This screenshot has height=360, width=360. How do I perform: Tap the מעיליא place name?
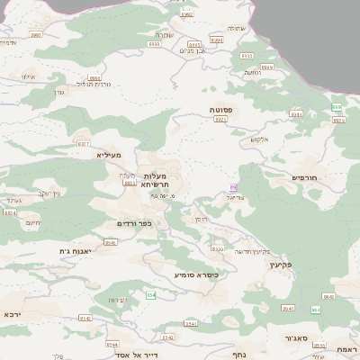pyautogui.click(x=108, y=155)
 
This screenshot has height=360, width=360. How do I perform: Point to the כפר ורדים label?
pyautogui.click(x=133, y=223)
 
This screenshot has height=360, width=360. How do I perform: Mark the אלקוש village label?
pyautogui.click(x=259, y=139)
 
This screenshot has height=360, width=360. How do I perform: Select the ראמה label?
pyautogui.click(x=347, y=348)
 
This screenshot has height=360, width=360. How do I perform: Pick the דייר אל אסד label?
pyautogui.click(x=132, y=355)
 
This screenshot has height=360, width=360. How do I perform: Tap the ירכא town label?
pyautogui.click(x=13, y=314)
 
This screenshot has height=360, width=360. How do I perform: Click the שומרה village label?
pyautogui.click(x=188, y=34)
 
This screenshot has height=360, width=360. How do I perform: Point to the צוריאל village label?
pyautogui.click(x=236, y=196)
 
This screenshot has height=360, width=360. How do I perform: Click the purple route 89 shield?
pyautogui.click(x=233, y=187)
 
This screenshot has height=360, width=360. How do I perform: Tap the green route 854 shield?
pyautogui.click(x=151, y=295)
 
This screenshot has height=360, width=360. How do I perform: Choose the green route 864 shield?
pyautogui.click(x=316, y=310)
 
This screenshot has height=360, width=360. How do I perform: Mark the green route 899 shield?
pyautogui.click(x=337, y=107)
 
